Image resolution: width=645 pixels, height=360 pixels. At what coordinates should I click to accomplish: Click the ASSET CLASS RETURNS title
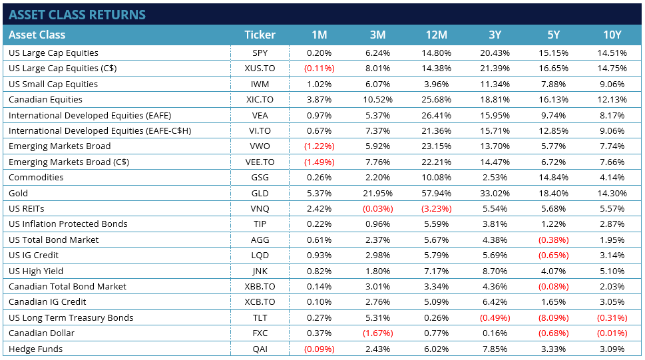[77, 15]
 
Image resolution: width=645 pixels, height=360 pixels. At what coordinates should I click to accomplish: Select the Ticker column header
[260, 35]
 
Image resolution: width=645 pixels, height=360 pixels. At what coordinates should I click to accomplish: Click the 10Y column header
[611, 35]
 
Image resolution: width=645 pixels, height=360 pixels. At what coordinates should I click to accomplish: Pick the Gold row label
[19, 193]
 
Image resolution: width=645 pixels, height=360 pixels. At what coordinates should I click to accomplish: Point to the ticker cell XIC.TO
[260, 100]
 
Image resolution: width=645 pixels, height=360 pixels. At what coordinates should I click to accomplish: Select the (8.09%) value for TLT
[554, 317]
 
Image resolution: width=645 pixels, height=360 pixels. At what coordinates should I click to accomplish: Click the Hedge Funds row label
[35, 349]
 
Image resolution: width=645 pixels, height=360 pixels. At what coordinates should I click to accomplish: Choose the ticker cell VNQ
[260, 208]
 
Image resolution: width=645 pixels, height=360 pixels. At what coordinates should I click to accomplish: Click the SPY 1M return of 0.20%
[319, 53]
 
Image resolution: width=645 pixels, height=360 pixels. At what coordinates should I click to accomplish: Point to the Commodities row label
[35, 178]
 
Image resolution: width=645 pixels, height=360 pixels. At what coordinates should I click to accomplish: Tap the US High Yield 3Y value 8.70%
[496, 271]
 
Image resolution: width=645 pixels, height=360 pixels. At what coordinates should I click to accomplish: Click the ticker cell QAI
[260, 349]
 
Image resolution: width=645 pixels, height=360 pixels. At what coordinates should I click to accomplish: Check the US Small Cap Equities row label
[53, 84]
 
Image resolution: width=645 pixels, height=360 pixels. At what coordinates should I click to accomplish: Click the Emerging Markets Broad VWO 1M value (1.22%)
[319, 146]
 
